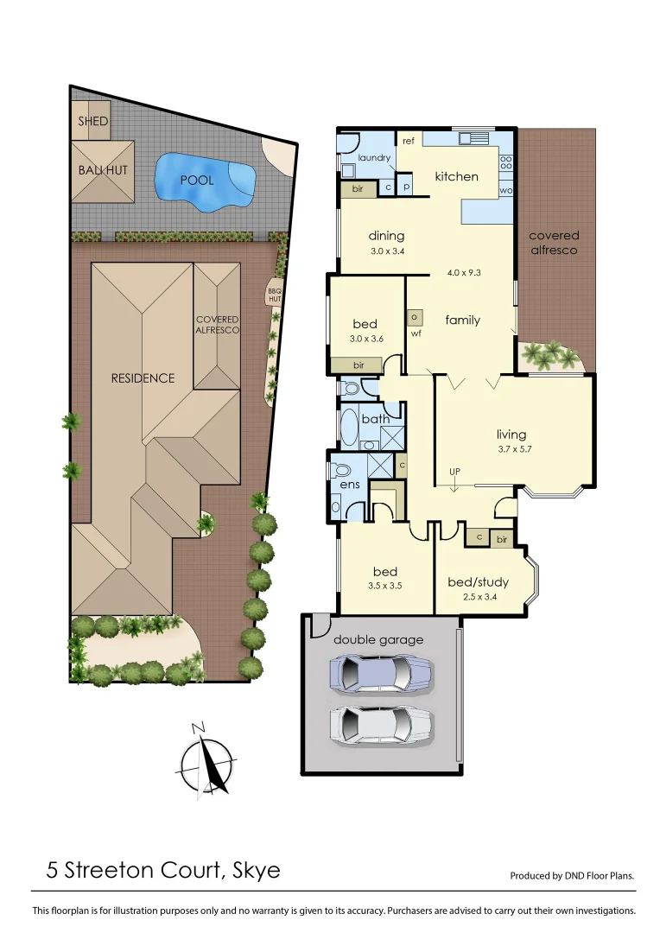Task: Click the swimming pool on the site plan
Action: point(206,181)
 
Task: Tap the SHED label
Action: point(93,121)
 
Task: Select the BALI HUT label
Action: point(103,170)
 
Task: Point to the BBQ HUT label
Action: point(275,296)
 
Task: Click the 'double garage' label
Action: point(379,640)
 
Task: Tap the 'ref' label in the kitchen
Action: point(409,140)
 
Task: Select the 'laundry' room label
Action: point(375,158)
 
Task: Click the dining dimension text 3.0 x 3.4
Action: point(386,251)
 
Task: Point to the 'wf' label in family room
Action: point(416,333)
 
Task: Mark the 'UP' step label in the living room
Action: point(454,471)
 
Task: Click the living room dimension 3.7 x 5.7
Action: point(511,449)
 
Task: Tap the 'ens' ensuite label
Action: point(349,486)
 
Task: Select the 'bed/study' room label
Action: point(478,582)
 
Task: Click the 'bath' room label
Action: point(375,420)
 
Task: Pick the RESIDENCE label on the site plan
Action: point(143,378)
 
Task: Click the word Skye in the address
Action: point(257,869)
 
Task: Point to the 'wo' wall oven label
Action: point(506,190)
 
